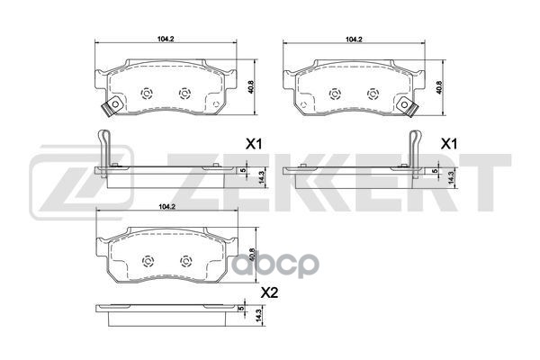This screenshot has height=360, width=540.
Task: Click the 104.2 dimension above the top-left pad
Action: [x=165, y=40]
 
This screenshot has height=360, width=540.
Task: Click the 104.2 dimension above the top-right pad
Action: [x=354, y=40]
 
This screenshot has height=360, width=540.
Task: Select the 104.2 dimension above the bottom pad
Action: [x=165, y=208]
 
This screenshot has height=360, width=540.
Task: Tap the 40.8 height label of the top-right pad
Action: [x=439, y=87]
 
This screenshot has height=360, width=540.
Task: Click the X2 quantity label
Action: [x=267, y=292]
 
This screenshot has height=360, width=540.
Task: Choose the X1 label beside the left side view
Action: [x=255, y=144]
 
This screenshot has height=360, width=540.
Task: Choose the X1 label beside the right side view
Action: [x=446, y=144]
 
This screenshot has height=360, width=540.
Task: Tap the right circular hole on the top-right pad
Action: [x=373, y=93]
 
